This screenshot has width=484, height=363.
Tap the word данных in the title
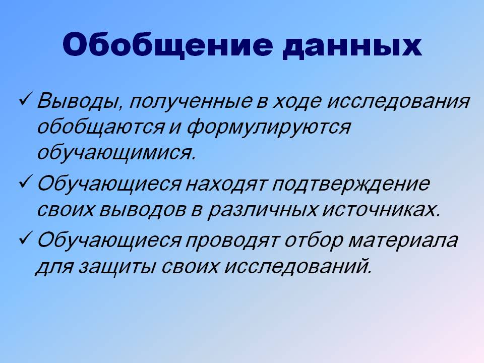[352, 46]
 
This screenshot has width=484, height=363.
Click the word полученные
[190, 101]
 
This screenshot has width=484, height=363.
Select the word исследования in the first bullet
[398, 101]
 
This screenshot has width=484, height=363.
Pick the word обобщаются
[100, 127]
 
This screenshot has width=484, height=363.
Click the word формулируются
[269, 128]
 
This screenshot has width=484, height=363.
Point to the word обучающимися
[116, 153]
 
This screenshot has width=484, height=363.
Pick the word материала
[403, 240]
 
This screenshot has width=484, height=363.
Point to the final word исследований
[297, 266]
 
